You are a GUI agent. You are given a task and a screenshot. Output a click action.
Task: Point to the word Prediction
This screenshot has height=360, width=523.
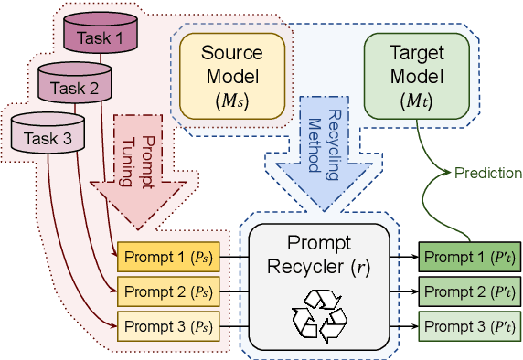(x=488, y=173)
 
